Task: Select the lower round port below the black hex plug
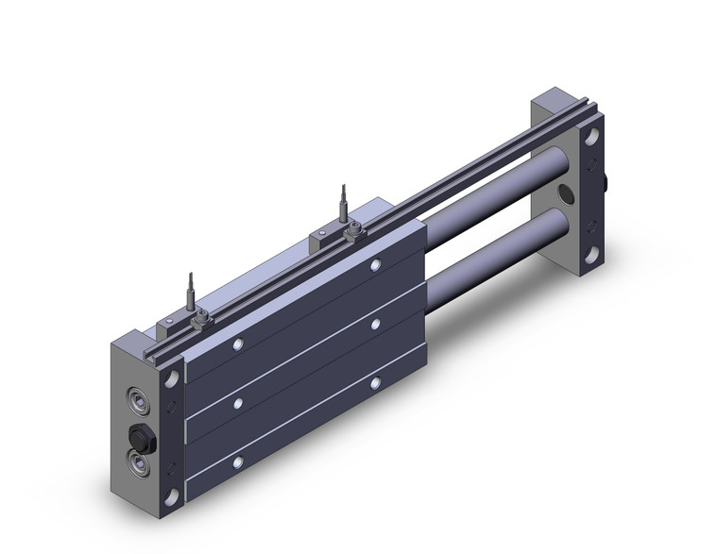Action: click(x=139, y=463)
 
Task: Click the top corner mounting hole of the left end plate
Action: click(x=173, y=378)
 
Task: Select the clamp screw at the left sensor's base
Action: click(x=200, y=324)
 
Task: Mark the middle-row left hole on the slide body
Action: click(x=238, y=403)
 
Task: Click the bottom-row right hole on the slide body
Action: click(x=376, y=382)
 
